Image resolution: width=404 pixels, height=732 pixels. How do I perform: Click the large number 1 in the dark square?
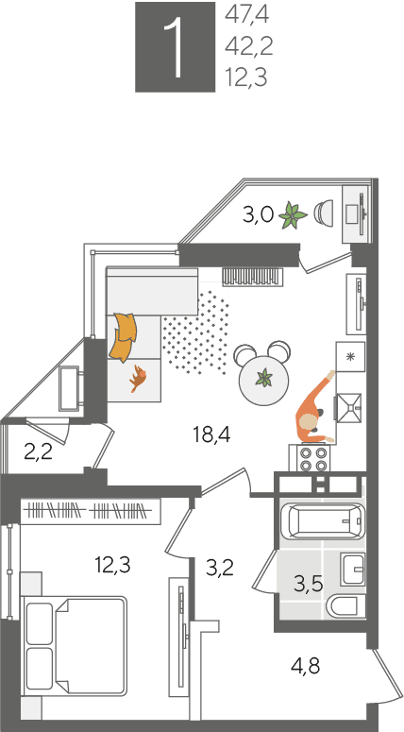(175, 46)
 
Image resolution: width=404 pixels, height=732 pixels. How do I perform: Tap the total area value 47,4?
(247, 15)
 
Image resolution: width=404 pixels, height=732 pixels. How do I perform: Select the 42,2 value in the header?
(248, 46)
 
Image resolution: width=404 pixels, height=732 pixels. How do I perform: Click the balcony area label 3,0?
(258, 215)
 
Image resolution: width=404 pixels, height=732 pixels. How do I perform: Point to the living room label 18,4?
(211, 435)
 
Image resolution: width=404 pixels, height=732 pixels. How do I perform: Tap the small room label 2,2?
(39, 451)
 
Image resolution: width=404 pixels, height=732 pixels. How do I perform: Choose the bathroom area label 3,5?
(309, 584)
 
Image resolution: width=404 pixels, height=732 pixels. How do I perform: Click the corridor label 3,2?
(219, 568)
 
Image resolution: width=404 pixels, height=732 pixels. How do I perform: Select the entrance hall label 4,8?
(305, 665)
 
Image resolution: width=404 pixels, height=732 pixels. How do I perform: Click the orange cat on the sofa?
(138, 378)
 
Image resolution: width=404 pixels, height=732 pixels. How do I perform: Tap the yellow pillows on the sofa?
(123, 337)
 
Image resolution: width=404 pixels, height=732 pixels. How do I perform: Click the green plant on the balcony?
(293, 215)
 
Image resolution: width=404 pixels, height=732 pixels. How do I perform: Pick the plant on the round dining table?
(265, 377)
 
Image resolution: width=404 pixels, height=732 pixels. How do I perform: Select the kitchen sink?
(348, 408)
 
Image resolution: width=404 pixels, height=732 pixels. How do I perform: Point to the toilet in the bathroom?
(347, 606)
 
